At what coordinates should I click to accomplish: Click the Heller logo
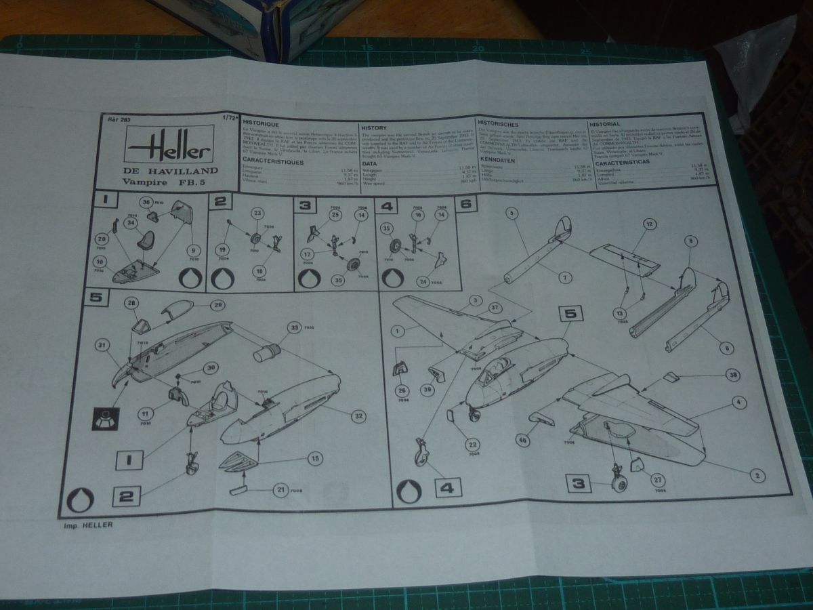tap(169, 148)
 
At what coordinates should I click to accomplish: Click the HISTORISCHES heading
tap(498, 125)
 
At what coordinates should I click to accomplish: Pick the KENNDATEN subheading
tap(497, 160)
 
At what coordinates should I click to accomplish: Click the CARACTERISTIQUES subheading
tap(274, 162)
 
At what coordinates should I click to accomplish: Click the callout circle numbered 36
tap(146, 202)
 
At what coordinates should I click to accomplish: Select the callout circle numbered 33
tap(293, 328)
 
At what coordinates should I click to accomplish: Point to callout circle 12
tap(649, 223)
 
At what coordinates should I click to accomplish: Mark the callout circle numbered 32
tap(358, 415)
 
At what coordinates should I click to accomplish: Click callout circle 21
tap(279, 489)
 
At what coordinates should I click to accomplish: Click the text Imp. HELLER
tap(85, 524)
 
